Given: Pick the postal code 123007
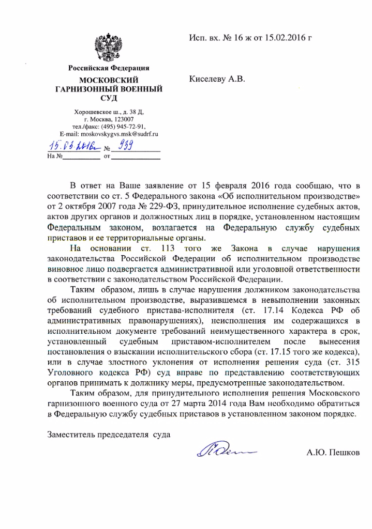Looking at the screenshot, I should pos(122,119).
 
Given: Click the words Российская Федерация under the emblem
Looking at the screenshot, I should pos(109,68).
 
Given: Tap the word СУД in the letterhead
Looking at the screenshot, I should pos(109,98).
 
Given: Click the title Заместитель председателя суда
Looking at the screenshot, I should pos(109,434).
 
